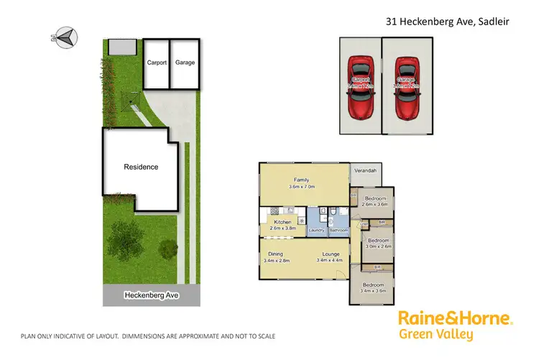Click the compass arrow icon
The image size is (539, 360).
[65, 38]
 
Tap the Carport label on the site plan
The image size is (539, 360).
[157, 63]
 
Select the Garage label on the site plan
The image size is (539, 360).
[185, 63]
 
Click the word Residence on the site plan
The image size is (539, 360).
[141, 167]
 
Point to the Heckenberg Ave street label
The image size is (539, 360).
[150, 295]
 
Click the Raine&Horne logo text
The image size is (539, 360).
[455, 318]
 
